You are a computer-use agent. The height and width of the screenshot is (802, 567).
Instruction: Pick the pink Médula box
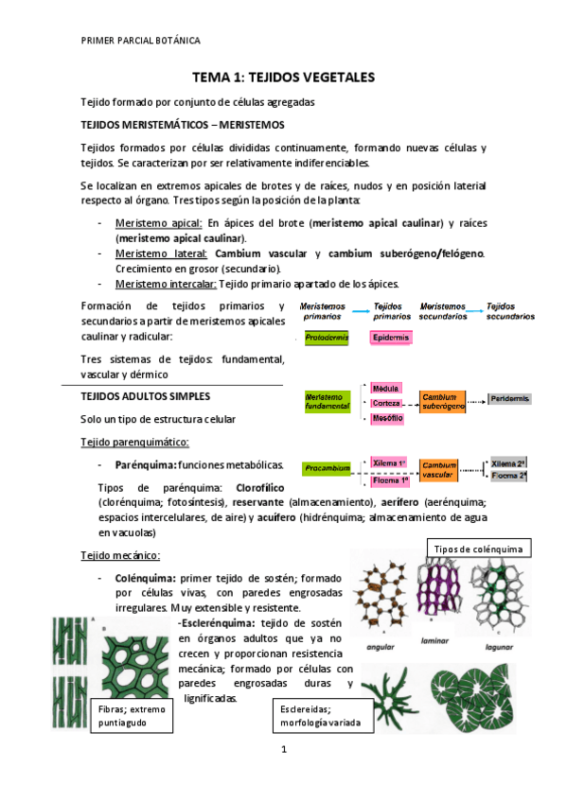[x=385, y=388]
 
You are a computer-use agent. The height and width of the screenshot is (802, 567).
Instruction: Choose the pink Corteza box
[x=386, y=403]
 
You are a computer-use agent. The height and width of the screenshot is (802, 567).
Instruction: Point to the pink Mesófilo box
[x=386, y=418]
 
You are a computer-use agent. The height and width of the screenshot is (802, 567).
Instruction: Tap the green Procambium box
[x=327, y=468]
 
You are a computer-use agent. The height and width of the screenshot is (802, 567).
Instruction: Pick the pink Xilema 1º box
[x=388, y=462]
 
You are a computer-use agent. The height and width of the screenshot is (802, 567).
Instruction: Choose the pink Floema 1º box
[x=388, y=479]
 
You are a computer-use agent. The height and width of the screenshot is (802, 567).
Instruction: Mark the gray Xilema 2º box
[x=509, y=464]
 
